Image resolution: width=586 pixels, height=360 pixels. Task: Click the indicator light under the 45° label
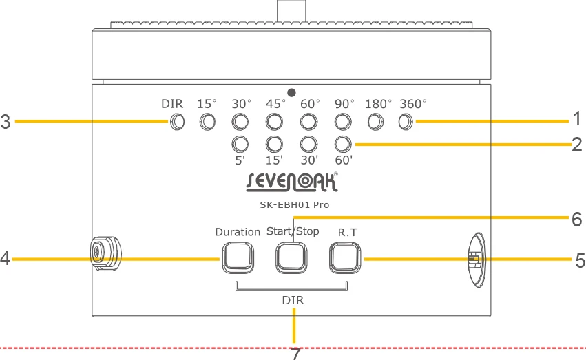coord(274,122)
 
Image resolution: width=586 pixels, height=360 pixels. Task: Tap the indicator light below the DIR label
coord(177,122)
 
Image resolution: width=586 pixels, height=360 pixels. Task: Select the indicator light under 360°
coord(406,122)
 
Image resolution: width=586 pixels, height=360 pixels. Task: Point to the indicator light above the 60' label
coord(343,144)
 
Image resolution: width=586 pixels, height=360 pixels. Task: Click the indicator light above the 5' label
coord(240,144)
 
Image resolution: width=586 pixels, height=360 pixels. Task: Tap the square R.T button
coord(345,258)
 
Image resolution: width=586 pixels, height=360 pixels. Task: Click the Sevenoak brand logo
coord(292,182)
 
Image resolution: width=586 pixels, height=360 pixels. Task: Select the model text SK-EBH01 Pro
coord(295,204)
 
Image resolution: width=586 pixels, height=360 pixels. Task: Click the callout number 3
coord(6,122)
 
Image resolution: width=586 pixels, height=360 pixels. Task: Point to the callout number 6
coord(576,220)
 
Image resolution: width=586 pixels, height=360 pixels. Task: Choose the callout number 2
coord(576,145)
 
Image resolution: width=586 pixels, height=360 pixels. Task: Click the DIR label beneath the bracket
coord(293,300)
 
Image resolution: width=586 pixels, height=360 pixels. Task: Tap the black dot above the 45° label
coord(291,93)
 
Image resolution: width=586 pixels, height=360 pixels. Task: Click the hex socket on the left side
coord(106,253)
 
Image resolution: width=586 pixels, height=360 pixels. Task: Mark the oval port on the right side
coord(477,260)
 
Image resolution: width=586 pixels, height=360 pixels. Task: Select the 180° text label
coord(378,104)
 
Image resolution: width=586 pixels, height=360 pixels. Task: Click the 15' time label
coord(274,160)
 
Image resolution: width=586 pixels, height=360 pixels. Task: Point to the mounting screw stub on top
coord(291,11)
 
